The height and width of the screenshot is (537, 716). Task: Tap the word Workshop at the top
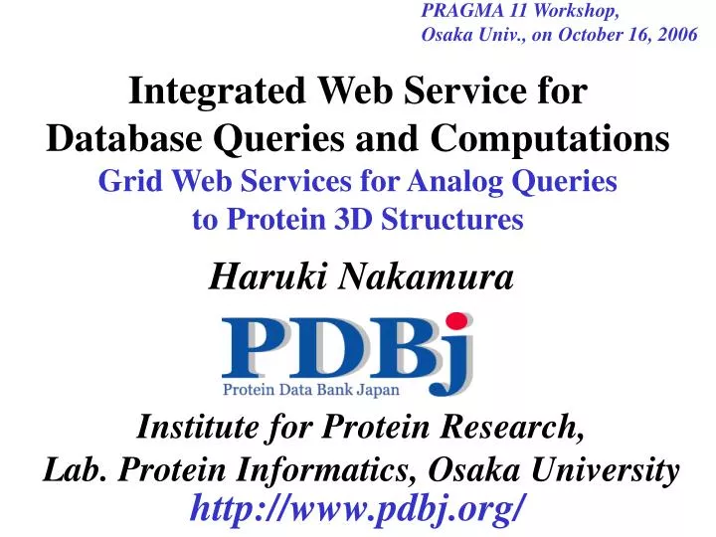click(579, 12)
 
